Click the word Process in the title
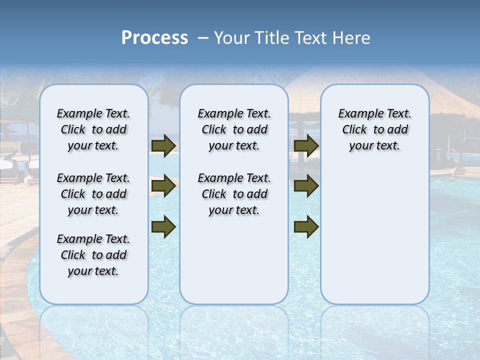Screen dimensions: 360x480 [x=154, y=38]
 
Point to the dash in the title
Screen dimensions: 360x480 [x=203, y=38]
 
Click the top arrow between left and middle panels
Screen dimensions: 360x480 [x=163, y=145]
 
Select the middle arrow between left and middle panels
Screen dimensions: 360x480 [x=163, y=186]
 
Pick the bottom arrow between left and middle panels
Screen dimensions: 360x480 [x=163, y=226]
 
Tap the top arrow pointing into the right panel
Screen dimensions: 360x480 [x=306, y=145]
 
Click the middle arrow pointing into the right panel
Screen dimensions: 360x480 [x=306, y=186]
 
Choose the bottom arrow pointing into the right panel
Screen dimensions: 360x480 [x=306, y=226]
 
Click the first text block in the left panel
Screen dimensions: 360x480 [x=93, y=129]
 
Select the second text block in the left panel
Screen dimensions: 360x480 [x=93, y=194]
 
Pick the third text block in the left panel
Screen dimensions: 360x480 [x=93, y=255]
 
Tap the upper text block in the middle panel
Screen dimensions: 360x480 [x=234, y=129]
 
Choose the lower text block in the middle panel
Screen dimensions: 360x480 [x=234, y=194]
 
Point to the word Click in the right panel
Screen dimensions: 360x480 [x=354, y=130]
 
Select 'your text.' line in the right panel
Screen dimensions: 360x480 [x=374, y=146]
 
